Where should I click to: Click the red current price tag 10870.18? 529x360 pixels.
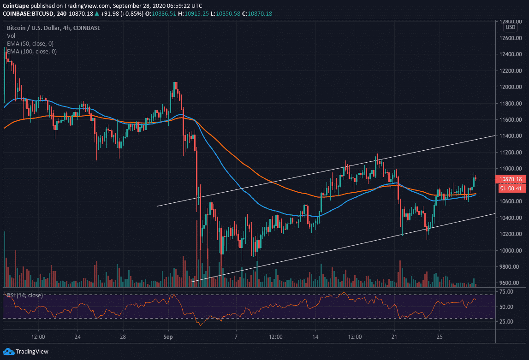click(x=510, y=179)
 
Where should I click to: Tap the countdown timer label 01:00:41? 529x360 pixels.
click(x=510, y=188)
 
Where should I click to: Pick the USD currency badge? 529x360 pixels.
click(x=510, y=27)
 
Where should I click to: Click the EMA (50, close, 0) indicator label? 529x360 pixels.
click(x=30, y=43)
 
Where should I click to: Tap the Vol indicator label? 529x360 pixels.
click(x=11, y=35)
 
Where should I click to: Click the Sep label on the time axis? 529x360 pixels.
click(x=168, y=337)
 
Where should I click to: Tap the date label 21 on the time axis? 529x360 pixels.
click(x=394, y=337)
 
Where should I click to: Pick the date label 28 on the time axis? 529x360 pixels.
click(x=123, y=337)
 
